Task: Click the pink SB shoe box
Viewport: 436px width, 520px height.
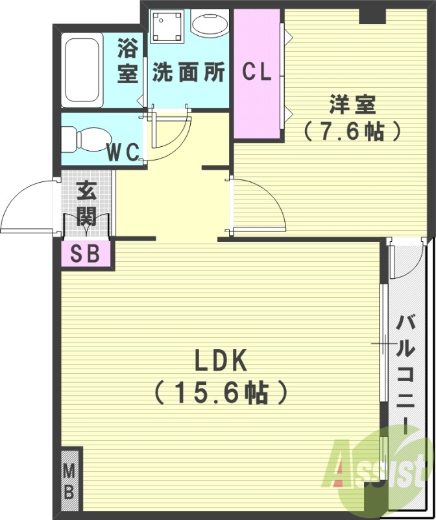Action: pos(87,254)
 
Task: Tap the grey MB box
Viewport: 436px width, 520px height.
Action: pos(70,482)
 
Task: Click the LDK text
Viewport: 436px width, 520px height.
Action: pos(219,359)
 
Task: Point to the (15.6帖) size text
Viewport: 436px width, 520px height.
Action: pos(219,391)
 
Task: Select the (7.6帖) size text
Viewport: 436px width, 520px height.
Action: pos(352,132)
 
